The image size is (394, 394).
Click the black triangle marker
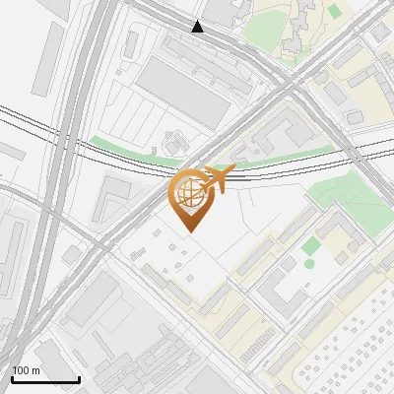[x=198, y=27]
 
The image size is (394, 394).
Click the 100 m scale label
[x=26, y=370]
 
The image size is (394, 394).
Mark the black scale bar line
[x=45, y=379]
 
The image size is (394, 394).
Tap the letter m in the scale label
[x=35, y=370]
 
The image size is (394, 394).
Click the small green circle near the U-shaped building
[x=309, y=263]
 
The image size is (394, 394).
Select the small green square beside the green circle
[x=311, y=245]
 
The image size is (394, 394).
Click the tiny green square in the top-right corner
[x=335, y=11]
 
